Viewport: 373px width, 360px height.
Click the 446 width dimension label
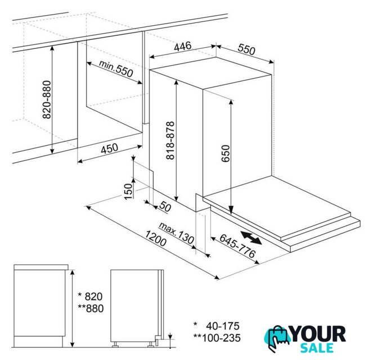click(x=182, y=46)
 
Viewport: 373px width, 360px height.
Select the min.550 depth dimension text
click(x=116, y=69)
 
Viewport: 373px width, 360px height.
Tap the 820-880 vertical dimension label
click(x=47, y=100)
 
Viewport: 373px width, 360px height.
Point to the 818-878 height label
click(x=170, y=140)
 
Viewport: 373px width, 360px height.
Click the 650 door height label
click(x=226, y=154)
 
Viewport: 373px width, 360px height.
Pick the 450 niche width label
click(x=110, y=148)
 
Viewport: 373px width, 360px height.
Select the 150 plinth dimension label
click(x=128, y=191)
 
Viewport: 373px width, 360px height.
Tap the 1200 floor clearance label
click(x=156, y=238)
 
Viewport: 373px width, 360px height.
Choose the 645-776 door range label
click(x=237, y=246)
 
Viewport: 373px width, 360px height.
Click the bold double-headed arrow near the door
click(x=251, y=237)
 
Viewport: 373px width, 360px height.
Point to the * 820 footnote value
click(x=91, y=296)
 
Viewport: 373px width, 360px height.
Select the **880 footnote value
click(x=91, y=308)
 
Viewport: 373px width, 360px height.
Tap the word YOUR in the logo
click(x=318, y=334)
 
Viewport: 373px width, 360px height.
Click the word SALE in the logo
click(x=317, y=348)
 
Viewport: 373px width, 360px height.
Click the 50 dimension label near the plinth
click(x=165, y=206)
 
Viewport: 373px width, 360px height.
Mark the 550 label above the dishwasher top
click(x=246, y=49)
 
